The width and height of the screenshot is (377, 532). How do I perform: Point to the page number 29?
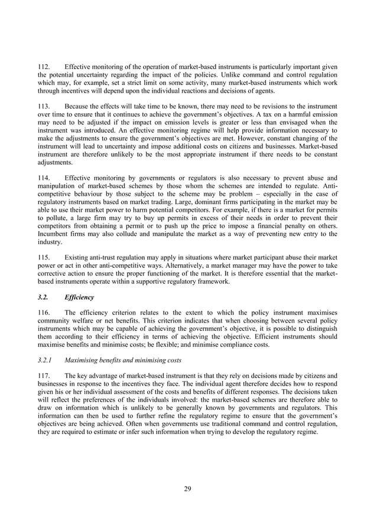coord(188,488)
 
